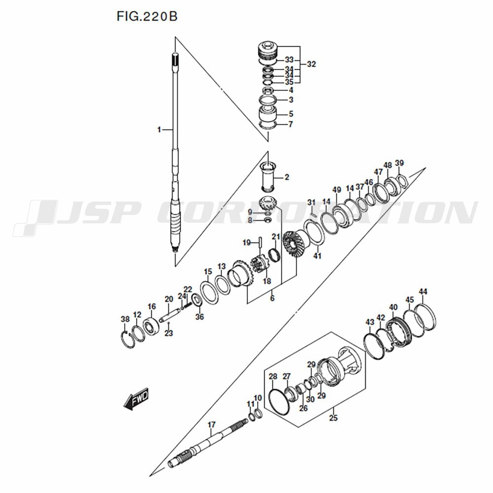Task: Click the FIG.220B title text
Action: click(x=146, y=16)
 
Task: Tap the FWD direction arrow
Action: click(x=136, y=400)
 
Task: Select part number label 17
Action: click(x=211, y=424)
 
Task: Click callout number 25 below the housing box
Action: click(x=333, y=419)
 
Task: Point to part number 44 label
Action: click(x=423, y=291)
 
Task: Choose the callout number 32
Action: click(x=311, y=64)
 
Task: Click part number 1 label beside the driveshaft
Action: click(x=159, y=130)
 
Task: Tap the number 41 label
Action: click(x=317, y=255)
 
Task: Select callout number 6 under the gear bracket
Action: click(x=272, y=298)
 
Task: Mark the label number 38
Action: click(x=125, y=319)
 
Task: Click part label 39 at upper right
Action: click(x=399, y=164)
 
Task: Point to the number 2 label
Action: click(x=286, y=177)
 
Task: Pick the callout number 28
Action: click(x=273, y=377)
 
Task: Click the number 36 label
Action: click(x=199, y=317)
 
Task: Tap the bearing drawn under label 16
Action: click(x=151, y=326)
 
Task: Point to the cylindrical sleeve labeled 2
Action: click(x=269, y=176)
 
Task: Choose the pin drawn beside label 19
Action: click(x=260, y=243)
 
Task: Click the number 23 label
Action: click(x=169, y=333)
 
